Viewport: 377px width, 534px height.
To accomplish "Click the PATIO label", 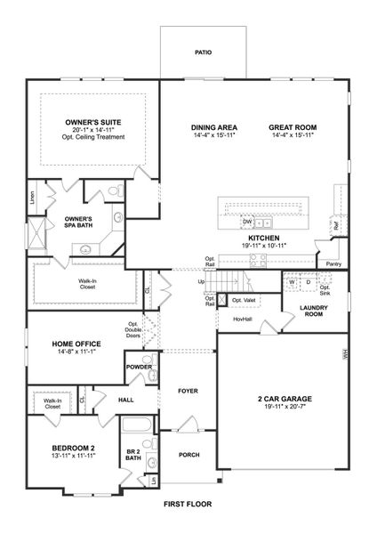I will click(204, 53).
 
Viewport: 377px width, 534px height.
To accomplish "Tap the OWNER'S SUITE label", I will click(93, 122).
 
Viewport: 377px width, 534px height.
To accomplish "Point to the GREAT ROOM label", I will click(293, 128).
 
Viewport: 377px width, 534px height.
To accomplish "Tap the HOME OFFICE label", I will click(62, 344).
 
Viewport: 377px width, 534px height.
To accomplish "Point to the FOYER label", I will click(188, 391).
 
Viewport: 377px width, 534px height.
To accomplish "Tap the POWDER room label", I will click(139, 367).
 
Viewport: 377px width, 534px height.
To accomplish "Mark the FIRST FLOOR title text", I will click(188, 504).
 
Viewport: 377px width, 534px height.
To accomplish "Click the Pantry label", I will click(333, 264).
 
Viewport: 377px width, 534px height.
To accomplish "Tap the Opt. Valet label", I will click(244, 300).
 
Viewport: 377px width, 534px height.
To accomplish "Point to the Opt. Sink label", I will click(325, 291).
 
